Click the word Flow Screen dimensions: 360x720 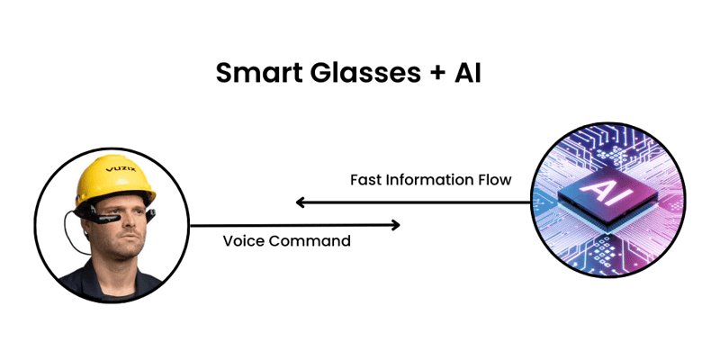pyautogui.click(x=494, y=180)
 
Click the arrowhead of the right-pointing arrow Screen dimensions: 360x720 pyautogui.click(x=395, y=225)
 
